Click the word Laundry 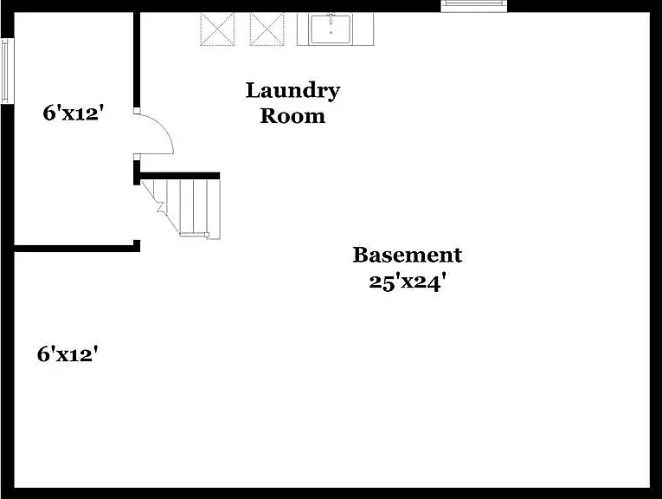[292, 91]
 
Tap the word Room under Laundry [292, 116]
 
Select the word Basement [408, 256]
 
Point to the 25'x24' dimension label [408, 282]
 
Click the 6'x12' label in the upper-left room [74, 113]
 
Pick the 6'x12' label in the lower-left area [67, 354]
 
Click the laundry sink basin [331, 29]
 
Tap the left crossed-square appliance [217, 29]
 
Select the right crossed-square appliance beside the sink [267, 29]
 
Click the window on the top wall [474, 6]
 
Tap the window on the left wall [6, 70]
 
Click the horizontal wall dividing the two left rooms [77, 249]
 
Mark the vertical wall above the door [137, 60]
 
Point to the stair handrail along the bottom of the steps [194, 234]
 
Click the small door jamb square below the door [137, 158]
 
